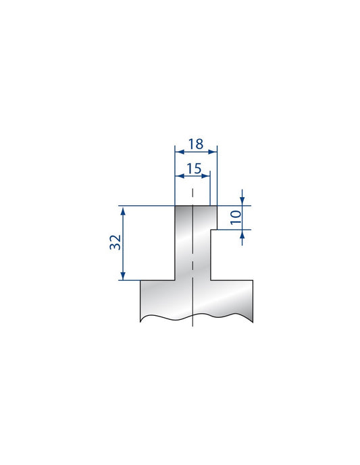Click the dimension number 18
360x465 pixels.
point(196,144)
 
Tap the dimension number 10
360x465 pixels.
point(234,217)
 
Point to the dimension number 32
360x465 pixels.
point(115,243)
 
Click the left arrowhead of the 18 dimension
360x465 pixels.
point(178,151)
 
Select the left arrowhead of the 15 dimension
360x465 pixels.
point(178,176)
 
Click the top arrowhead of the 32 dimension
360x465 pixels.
point(123,209)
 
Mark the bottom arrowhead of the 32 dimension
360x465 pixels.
point(123,277)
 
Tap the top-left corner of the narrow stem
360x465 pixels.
point(175,206)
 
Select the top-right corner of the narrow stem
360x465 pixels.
point(217,206)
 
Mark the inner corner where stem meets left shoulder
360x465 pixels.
point(175,281)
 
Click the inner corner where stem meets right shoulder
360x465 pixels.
point(211,281)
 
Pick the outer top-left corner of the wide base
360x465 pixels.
point(140,281)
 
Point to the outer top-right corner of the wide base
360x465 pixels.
point(253,281)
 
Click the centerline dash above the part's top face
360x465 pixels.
point(192,194)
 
